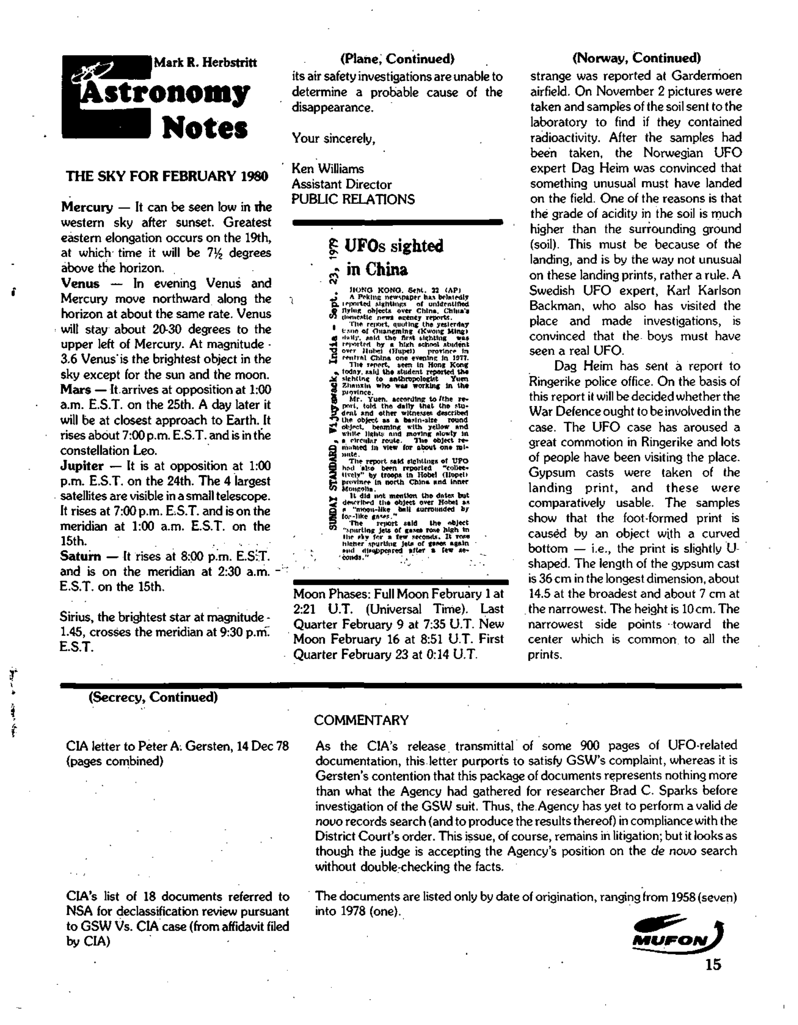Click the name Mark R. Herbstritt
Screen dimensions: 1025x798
[205, 62]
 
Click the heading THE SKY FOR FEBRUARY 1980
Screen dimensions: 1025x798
[167, 176]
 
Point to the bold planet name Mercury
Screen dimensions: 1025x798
[87, 207]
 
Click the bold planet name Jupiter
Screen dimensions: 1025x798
[82, 466]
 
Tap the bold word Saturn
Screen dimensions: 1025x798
[80, 556]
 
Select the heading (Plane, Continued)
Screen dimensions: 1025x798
[397, 59]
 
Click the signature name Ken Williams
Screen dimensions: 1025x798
[328, 169]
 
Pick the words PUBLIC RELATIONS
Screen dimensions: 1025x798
[353, 199]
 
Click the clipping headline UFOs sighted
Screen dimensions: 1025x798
[394, 246]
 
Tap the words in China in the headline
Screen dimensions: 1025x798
[377, 269]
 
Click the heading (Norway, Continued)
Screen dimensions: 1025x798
[636, 58]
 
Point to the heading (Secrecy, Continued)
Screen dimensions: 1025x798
[153, 697]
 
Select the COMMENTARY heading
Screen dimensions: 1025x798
[361, 720]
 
